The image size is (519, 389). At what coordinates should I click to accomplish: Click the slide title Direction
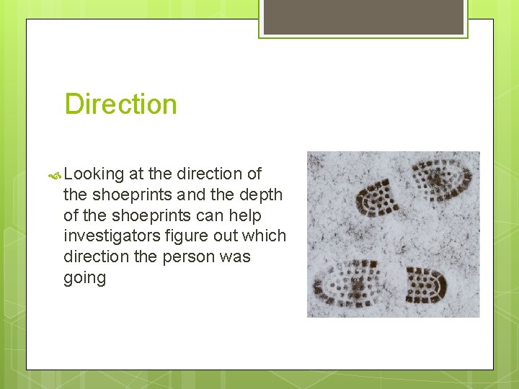pyautogui.click(x=120, y=104)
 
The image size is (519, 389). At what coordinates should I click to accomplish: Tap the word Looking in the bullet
pyautogui.click(x=94, y=174)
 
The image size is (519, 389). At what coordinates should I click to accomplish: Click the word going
pyautogui.click(x=84, y=278)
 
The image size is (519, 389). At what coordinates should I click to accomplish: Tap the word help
pyautogui.click(x=246, y=215)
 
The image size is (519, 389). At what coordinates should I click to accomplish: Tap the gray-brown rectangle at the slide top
pyautogui.click(x=363, y=17)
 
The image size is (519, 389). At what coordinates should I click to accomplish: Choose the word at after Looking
pyautogui.click(x=136, y=174)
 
